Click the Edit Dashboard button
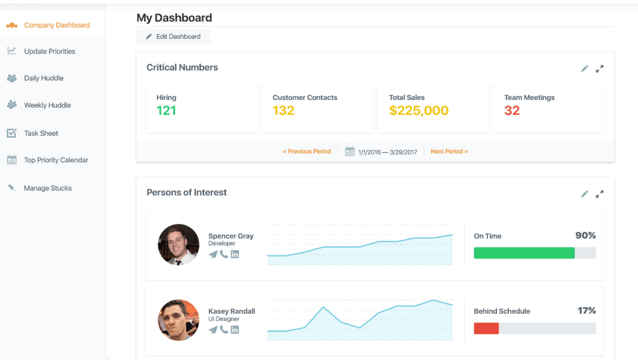click(173, 37)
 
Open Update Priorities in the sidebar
click(49, 51)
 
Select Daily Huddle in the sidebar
click(44, 78)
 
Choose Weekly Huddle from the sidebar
click(48, 105)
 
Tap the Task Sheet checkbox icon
click(12, 133)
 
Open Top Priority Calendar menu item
click(56, 160)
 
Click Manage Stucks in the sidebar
click(48, 188)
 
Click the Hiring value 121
click(166, 110)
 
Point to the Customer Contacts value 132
click(283, 110)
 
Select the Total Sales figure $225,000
click(419, 110)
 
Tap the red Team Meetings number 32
click(512, 110)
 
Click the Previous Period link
click(307, 152)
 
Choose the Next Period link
click(449, 152)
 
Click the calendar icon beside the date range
click(350, 152)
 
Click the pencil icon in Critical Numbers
click(585, 69)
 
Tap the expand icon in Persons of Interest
click(599, 194)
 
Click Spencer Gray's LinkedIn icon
click(235, 254)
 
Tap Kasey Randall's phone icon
click(224, 329)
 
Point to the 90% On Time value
click(586, 235)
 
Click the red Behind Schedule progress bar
click(486, 328)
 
